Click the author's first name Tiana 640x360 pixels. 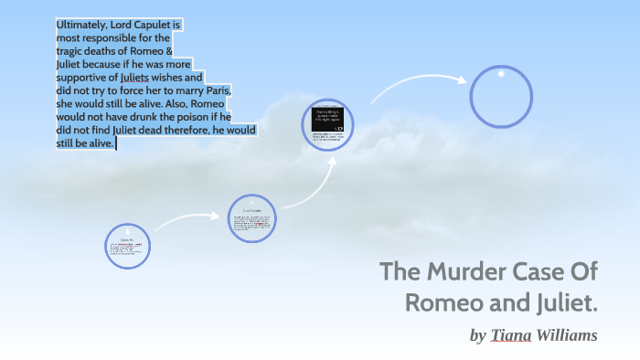tap(510, 335)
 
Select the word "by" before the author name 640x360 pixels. tap(477, 336)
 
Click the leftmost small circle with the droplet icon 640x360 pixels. tap(127, 247)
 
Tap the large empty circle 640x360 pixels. tap(501, 96)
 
